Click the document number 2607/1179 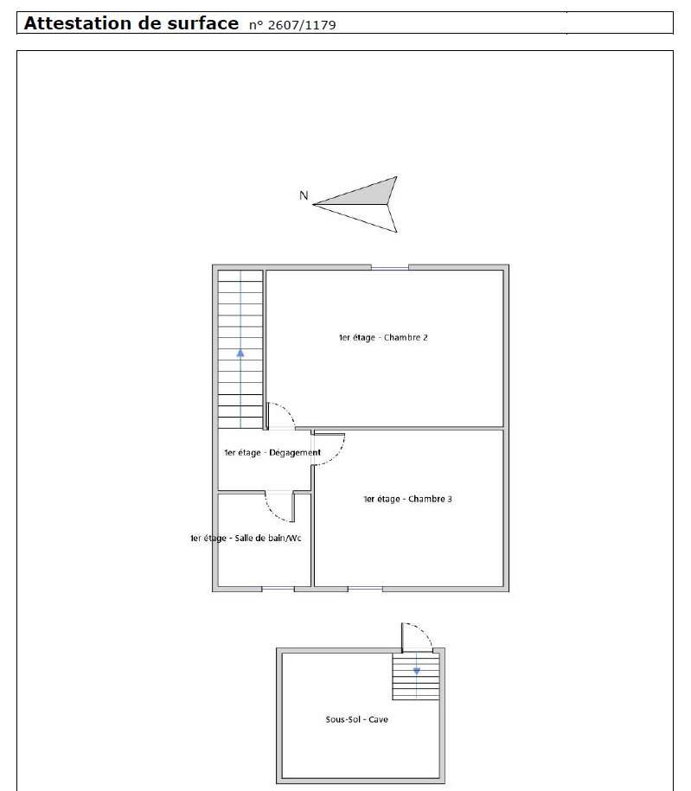302,25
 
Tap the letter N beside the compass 304,195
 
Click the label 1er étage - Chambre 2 383,337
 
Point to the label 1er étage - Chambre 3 407,499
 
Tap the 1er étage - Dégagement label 272,452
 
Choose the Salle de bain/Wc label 268,538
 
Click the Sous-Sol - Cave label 357,719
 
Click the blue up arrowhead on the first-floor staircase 240,353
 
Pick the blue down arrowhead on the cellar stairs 417,672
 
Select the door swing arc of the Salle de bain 272,514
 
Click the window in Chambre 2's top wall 390,267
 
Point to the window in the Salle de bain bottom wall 278,589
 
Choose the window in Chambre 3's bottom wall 365,589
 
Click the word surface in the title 203,23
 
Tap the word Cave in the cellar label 379,719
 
